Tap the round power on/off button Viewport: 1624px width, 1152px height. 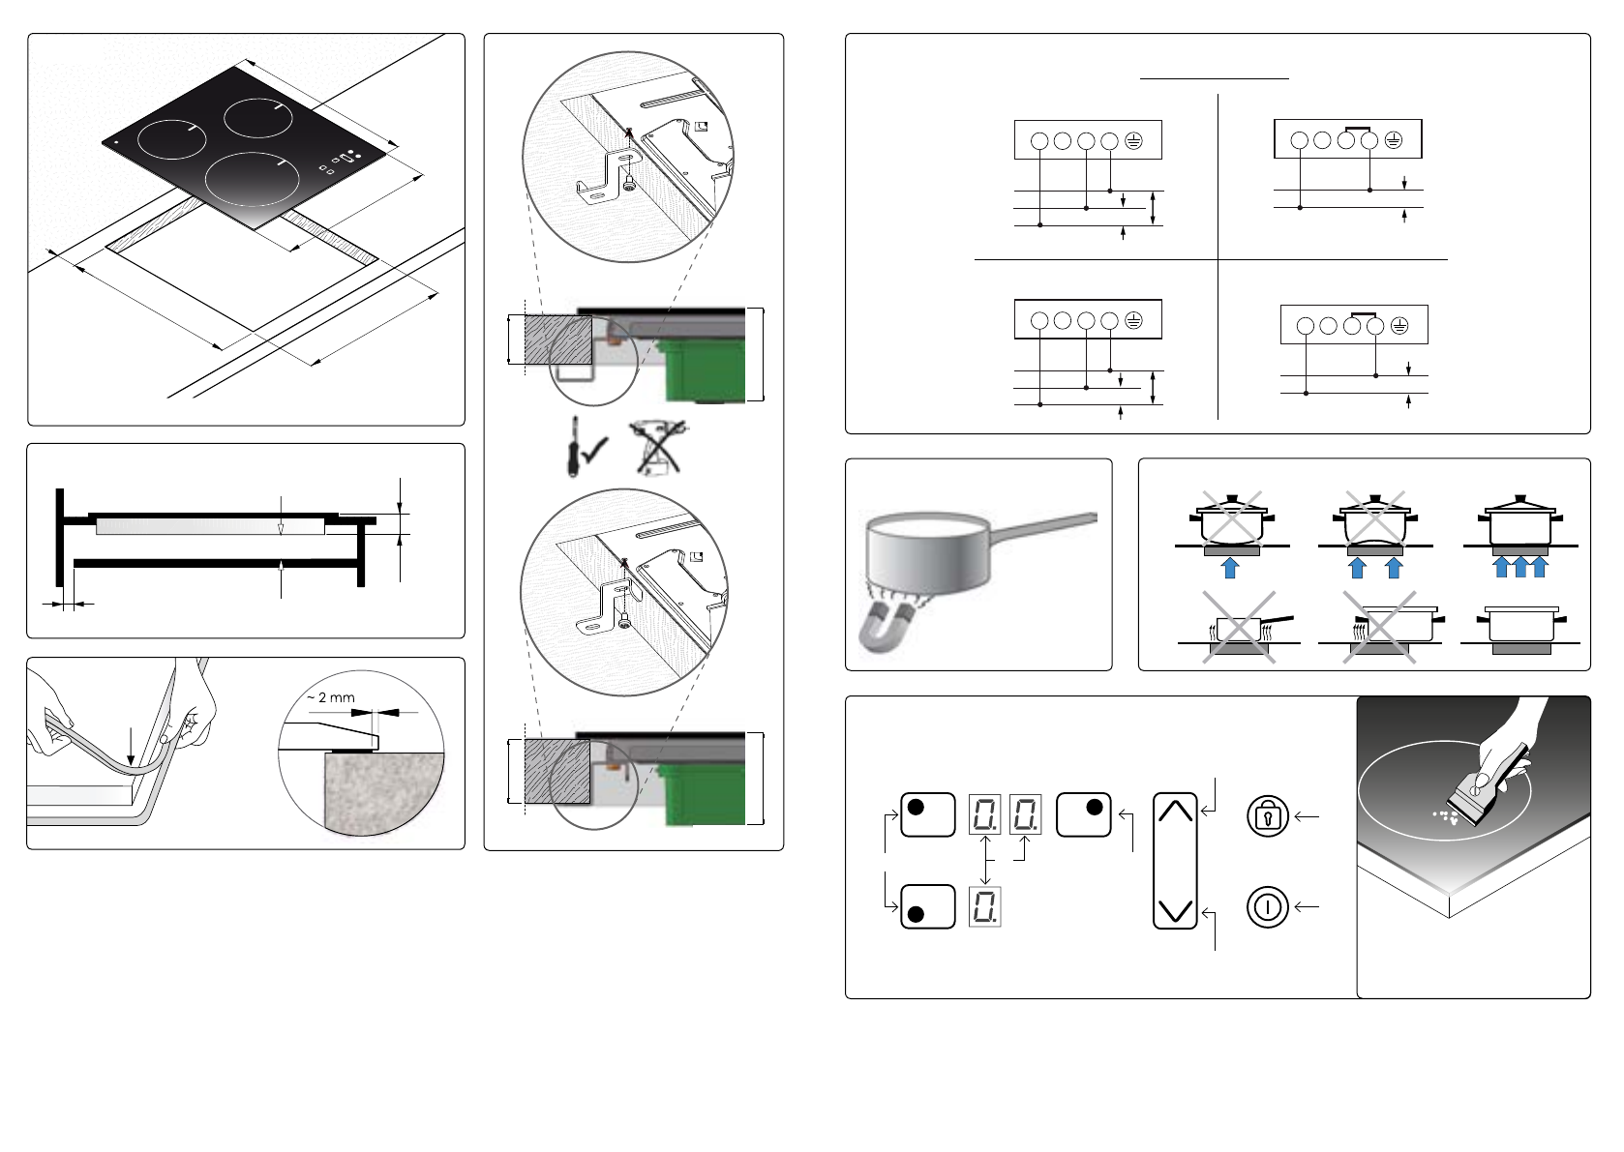click(x=1267, y=907)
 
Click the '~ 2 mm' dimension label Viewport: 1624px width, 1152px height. click(x=331, y=697)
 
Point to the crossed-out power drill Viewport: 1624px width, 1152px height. click(x=657, y=447)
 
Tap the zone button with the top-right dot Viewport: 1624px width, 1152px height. click(x=1083, y=814)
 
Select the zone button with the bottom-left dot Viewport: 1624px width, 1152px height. click(x=927, y=906)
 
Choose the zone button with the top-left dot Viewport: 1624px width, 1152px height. click(x=927, y=814)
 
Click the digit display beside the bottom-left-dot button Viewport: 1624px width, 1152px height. click(x=984, y=907)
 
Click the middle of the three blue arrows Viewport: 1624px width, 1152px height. click(x=1519, y=567)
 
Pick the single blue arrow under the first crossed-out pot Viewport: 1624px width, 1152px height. click(x=1229, y=567)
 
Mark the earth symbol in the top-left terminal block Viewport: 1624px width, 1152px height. click(x=1133, y=141)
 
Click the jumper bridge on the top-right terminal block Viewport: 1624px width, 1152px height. click(x=1357, y=127)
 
